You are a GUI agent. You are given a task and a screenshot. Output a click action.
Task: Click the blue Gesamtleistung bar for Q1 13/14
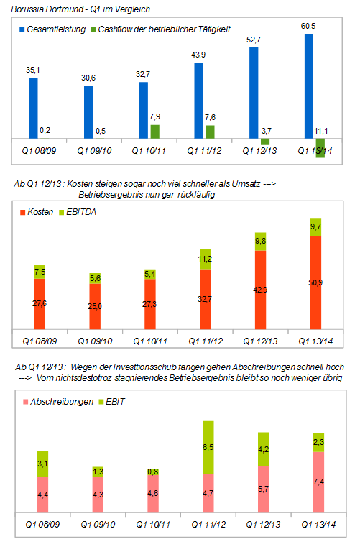click(x=310, y=86)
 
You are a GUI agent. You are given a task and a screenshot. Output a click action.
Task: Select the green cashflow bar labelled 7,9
click(x=154, y=132)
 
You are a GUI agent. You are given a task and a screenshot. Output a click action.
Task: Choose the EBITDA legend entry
click(x=83, y=213)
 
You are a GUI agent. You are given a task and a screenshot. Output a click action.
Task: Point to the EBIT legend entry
click(x=114, y=401)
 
